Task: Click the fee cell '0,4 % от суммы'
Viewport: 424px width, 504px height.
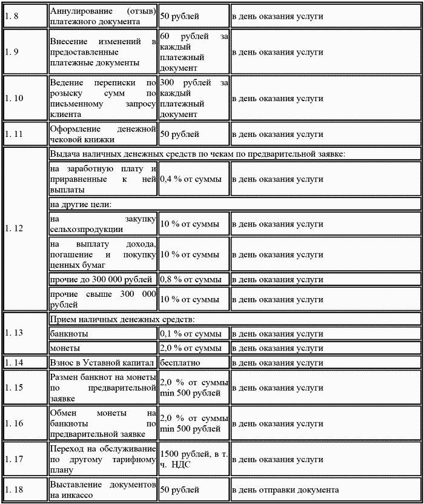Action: point(190,179)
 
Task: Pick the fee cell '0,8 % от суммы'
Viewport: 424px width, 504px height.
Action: point(190,280)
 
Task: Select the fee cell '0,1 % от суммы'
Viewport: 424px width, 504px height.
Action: point(190,334)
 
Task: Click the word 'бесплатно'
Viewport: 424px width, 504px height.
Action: point(180,363)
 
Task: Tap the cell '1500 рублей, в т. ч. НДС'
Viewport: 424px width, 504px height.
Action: point(193,459)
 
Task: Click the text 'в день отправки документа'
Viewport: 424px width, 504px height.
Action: point(285,489)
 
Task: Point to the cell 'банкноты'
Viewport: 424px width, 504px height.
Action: point(69,334)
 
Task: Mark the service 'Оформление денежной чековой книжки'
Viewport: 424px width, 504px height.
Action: point(103,134)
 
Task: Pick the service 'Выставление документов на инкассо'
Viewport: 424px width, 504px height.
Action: point(103,489)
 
